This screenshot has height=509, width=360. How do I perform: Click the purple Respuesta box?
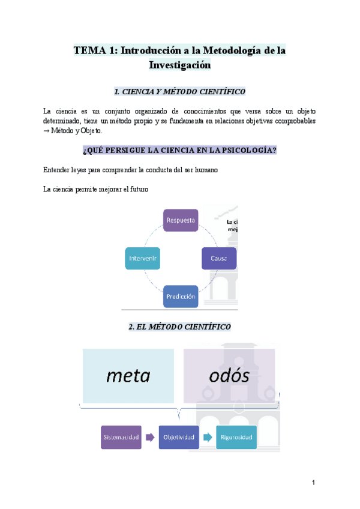pyautogui.click(x=180, y=220)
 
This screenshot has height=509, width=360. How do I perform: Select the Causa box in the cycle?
pyautogui.click(x=218, y=258)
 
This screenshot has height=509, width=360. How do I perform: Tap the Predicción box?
pyautogui.click(x=180, y=297)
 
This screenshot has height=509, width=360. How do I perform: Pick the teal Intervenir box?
pyautogui.click(x=142, y=258)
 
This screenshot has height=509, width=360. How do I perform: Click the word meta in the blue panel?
pyautogui.click(x=128, y=376)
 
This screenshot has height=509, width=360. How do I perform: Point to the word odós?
pyautogui.click(x=229, y=376)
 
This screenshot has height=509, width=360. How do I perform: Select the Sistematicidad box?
pyautogui.click(x=120, y=437)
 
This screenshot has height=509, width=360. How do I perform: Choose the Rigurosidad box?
pyautogui.click(x=236, y=437)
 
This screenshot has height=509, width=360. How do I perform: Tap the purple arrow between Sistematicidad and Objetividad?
pyautogui.click(x=149, y=437)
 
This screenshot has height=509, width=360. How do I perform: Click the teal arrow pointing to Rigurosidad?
pyautogui.click(x=208, y=437)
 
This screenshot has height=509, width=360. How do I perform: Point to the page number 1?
pyautogui.click(x=313, y=483)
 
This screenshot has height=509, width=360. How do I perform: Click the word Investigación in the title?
pyautogui.click(x=180, y=65)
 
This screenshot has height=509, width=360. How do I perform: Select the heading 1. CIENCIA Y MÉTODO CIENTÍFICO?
pyautogui.click(x=179, y=91)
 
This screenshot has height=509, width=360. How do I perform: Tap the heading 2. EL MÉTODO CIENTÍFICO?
pyautogui.click(x=180, y=327)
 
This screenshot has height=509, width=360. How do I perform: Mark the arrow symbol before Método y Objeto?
pyautogui.click(x=47, y=130)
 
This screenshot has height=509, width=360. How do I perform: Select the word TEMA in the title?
pyautogui.click(x=88, y=51)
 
